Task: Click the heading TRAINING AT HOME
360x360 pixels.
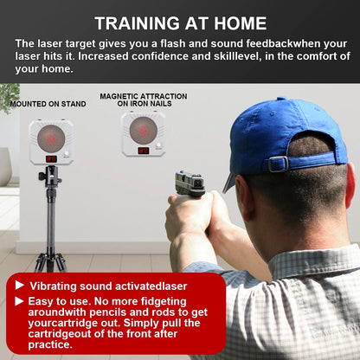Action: click(x=180, y=22)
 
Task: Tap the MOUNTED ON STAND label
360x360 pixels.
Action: click(x=48, y=104)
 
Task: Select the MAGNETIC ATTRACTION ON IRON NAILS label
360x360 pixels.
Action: click(x=142, y=100)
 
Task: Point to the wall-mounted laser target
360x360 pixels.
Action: click(x=144, y=133)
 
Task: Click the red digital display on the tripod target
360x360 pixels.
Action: click(x=51, y=159)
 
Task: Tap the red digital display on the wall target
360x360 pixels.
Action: click(x=144, y=151)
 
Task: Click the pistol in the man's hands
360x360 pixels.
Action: click(x=190, y=183)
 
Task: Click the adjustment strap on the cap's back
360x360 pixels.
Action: click(x=279, y=163)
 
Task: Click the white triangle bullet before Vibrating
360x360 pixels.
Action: click(x=19, y=285)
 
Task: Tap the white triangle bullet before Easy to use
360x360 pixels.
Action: click(x=19, y=301)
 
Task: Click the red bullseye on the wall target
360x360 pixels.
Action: click(x=144, y=129)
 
